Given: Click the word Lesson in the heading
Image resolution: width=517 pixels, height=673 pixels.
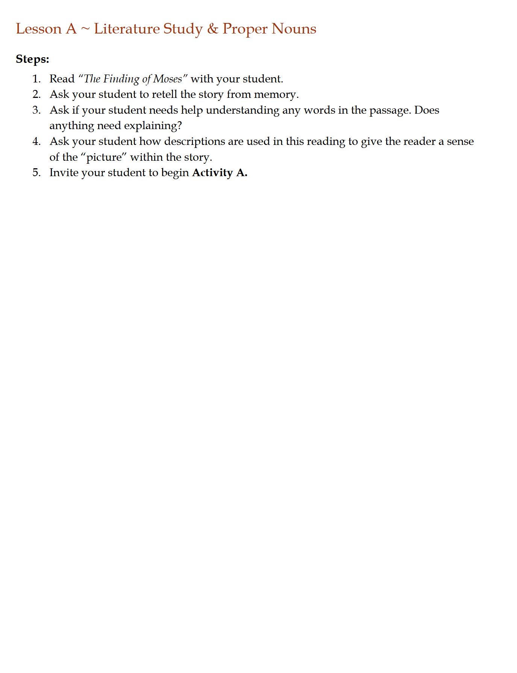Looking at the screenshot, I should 38,29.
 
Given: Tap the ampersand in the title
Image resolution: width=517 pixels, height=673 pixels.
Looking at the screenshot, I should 212,29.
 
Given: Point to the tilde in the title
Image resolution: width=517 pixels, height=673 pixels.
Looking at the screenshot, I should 85,29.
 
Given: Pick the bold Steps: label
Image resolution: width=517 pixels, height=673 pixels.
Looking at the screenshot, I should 32,59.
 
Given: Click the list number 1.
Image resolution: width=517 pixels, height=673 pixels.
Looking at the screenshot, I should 36,79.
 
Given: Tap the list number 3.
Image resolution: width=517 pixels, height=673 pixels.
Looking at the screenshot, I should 36,110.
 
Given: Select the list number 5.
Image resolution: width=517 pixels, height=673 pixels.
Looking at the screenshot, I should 36,173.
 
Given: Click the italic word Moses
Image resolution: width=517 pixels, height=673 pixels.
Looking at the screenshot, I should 168,79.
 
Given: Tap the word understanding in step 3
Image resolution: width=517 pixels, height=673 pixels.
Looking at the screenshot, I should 243,111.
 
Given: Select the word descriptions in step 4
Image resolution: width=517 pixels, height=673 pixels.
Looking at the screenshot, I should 194,142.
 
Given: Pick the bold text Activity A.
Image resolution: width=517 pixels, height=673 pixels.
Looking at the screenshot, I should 220,173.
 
